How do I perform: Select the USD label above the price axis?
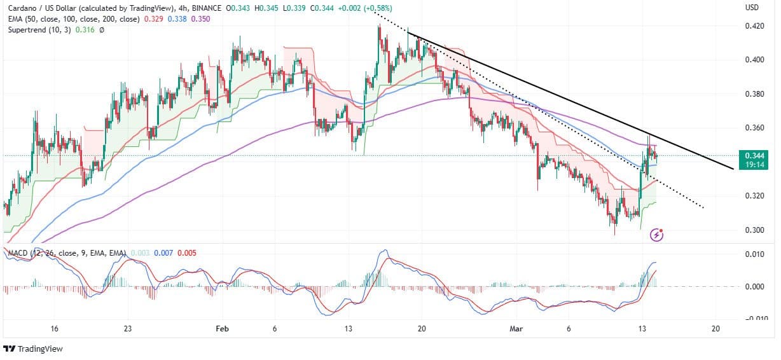pyautogui.click(x=752, y=8)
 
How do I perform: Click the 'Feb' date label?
pyautogui.click(x=221, y=328)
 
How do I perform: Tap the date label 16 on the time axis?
pyautogui.click(x=54, y=328)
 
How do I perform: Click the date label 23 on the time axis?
pyautogui.click(x=128, y=328)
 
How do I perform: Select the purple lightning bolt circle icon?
pyautogui.click(x=658, y=235)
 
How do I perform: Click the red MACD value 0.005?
pyautogui.click(x=186, y=253)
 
